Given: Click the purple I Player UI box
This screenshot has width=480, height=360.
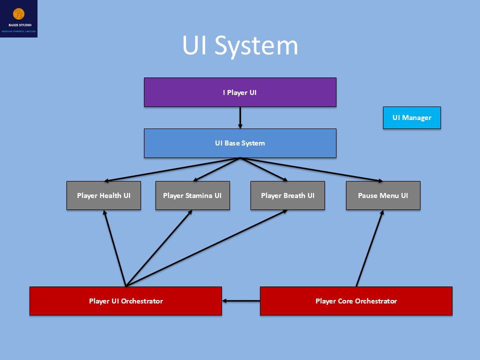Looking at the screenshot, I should (240, 92).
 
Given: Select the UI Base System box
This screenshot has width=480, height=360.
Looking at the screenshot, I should (240, 143).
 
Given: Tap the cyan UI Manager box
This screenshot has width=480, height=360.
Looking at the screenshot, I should (411, 118).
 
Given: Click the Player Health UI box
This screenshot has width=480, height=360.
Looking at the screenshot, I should (103, 195).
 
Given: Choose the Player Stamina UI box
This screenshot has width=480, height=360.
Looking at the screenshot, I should (192, 195).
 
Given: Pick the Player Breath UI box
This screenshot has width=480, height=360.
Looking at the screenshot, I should (287, 195).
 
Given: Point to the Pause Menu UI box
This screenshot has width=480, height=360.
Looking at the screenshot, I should (383, 195).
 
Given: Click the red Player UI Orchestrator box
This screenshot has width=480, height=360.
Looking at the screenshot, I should (125, 301).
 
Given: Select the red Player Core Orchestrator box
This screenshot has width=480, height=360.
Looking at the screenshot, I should (356, 301).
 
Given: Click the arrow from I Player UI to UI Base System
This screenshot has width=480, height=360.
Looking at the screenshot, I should (240, 118).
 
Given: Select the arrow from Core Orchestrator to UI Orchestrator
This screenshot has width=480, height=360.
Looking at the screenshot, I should (241, 301).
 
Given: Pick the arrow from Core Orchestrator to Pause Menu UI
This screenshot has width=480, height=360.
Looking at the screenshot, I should (369, 248).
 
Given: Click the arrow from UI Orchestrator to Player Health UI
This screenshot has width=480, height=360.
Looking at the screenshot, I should (114, 248).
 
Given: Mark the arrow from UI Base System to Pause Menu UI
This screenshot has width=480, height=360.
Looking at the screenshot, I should (312, 169).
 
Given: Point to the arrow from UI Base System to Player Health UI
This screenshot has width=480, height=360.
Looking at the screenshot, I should (172, 169).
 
